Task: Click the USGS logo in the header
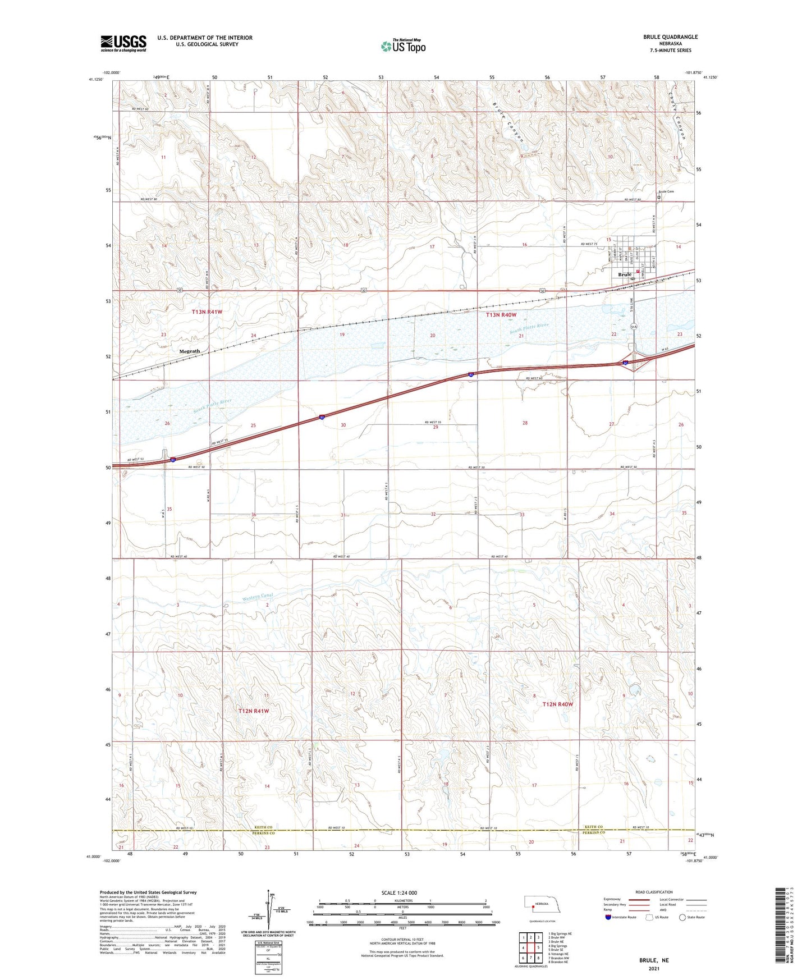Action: pyautogui.click(x=123, y=43)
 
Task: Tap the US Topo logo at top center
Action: pyautogui.click(x=402, y=46)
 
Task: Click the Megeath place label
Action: pyautogui.click(x=189, y=351)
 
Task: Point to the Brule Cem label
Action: pyautogui.click(x=667, y=192)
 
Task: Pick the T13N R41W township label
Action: pyautogui.click(x=207, y=312)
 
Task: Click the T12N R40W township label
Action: pyautogui.click(x=558, y=704)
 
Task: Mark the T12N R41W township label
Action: pyautogui.click(x=254, y=711)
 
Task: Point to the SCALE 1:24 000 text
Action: pyautogui.click(x=399, y=892)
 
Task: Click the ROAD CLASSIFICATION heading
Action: pyautogui.click(x=654, y=892)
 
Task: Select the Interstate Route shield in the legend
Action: pyautogui.click(x=609, y=917)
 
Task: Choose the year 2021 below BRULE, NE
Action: pyautogui.click(x=653, y=968)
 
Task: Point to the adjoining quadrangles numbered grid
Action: pyautogui.click(x=530, y=947)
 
